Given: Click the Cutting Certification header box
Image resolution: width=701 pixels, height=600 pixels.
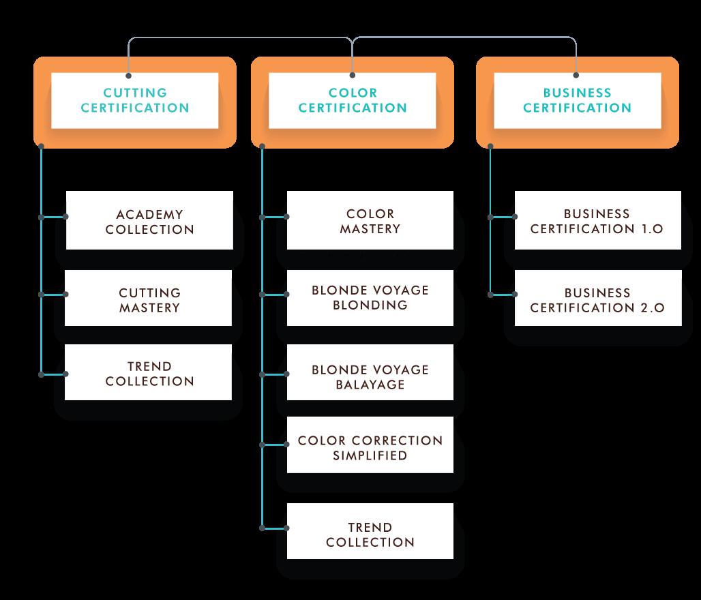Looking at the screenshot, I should coord(135,100).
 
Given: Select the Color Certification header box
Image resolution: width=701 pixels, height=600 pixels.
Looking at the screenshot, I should coord(353,100).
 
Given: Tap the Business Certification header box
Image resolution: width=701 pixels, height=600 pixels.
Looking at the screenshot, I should coord(577,100).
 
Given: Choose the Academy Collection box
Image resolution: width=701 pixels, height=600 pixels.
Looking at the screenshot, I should coord(149,221).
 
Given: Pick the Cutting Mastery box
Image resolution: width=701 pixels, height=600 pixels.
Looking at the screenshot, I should coord(149,299).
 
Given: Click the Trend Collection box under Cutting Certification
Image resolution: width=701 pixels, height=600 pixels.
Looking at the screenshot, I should coord(149,373).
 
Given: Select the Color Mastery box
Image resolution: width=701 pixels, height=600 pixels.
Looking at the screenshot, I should coord(370,221).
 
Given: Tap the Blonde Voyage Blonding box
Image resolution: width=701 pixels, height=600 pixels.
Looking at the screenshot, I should coord(370,297).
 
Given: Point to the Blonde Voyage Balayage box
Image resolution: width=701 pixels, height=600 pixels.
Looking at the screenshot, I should coord(370,376).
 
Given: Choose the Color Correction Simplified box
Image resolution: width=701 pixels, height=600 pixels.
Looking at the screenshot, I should coord(370,447).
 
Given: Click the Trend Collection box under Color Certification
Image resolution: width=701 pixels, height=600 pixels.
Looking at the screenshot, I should coord(370,534).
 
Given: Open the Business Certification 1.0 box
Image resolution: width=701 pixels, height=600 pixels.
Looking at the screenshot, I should coord(597,221).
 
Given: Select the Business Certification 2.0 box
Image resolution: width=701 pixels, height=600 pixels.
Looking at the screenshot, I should coord(597,299).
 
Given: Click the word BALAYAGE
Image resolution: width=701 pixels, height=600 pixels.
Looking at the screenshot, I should coord(370,385).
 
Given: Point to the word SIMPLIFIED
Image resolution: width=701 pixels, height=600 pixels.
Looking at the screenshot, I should coord(370,455).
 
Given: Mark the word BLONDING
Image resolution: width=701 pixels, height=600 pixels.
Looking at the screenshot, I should coord(370,305).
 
